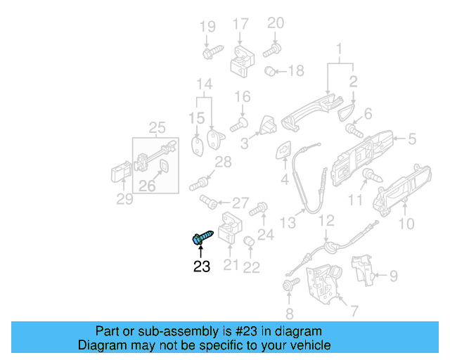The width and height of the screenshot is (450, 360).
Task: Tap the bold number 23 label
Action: click(x=202, y=266)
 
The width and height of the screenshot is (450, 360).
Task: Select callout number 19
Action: click(x=207, y=27)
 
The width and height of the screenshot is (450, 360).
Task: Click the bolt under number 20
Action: click(x=272, y=50)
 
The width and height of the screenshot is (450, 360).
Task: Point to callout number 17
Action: click(x=240, y=23)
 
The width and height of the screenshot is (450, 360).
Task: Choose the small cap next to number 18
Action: click(x=269, y=70)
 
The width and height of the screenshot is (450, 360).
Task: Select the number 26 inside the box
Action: click(x=147, y=186)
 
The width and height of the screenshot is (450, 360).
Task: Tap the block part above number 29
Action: click(x=119, y=174)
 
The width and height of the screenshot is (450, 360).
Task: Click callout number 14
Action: click(x=204, y=85)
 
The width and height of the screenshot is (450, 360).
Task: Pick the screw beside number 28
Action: click(x=200, y=185)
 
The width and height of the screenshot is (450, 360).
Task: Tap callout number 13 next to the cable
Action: click(x=287, y=223)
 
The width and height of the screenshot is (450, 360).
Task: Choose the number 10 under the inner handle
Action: click(x=406, y=225)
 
